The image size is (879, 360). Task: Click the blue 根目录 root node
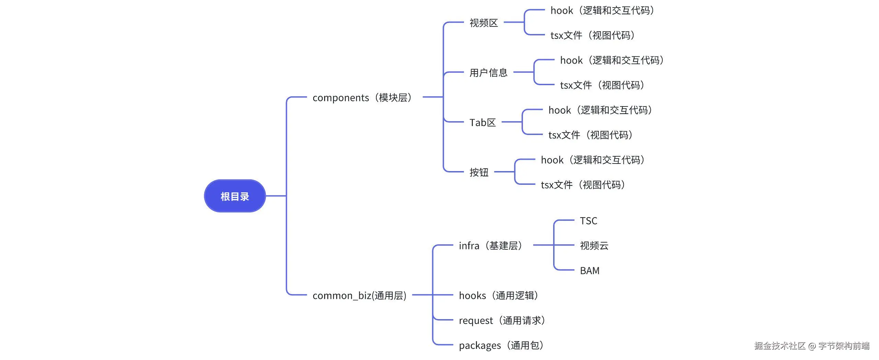[x=235, y=196]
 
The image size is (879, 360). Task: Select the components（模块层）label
[x=362, y=98]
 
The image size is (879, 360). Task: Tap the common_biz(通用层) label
[x=359, y=295]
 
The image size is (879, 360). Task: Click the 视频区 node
[x=483, y=23]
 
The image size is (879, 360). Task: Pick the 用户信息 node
[x=488, y=72]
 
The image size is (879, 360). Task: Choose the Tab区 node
[x=482, y=122]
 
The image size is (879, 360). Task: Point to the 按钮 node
[x=479, y=172]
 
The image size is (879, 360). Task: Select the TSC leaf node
[x=588, y=221]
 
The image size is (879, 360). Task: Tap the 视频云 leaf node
[x=594, y=246]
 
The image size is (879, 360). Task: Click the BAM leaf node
[x=590, y=271]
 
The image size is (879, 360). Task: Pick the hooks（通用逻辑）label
[x=498, y=295]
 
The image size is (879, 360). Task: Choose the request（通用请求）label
[x=502, y=320]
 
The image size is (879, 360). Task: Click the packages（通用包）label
[x=501, y=345]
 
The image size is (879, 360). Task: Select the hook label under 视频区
[x=602, y=10]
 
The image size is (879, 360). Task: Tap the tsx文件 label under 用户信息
[x=602, y=85]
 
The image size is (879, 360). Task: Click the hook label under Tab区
[x=600, y=110]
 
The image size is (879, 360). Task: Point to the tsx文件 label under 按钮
[x=583, y=185]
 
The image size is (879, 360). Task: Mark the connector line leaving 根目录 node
[x=276, y=196]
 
